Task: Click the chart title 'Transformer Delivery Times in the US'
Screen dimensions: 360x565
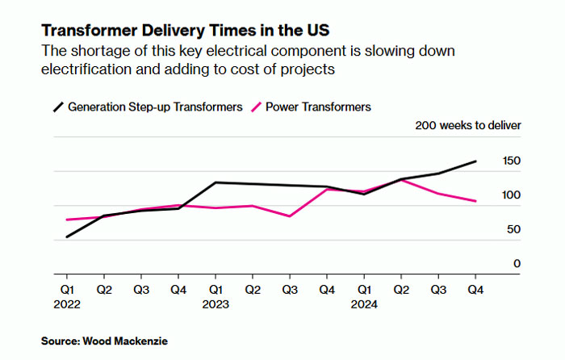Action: pyautogui.click(x=173, y=31)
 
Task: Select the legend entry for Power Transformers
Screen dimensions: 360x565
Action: pyautogui.click(x=311, y=107)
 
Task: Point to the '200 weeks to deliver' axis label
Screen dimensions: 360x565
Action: pyautogui.click(x=467, y=125)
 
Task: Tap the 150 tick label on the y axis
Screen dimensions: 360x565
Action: pyautogui.click(x=511, y=161)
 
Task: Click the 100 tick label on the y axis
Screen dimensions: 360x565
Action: pyautogui.click(x=511, y=195)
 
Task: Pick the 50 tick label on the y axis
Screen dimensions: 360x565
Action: pyautogui.click(x=513, y=230)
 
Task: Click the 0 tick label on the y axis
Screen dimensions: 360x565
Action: pyautogui.click(x=517, y=264)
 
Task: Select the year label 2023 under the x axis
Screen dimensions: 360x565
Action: pyautogui.click(x=216, y=304)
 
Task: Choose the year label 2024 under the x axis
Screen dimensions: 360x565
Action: pyautogui.click(x=364, y=304)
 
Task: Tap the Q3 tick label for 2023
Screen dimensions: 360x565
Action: pyautogui.click(x=290, y=289)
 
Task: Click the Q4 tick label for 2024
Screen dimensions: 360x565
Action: pyautogui.click(x=475, y=289)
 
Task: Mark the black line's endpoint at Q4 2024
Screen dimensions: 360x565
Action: pyautogui.click(x=475, y=161)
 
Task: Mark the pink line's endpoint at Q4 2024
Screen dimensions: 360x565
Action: pyautogui.click(x=475, y=201)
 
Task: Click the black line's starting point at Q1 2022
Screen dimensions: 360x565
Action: pyautogui.click(x=67, y=237)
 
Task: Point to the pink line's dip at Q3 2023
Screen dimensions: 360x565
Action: pyautogui.click(x=290, y=216)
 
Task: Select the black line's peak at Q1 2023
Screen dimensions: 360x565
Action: pyautogui.click(x=216, y=182)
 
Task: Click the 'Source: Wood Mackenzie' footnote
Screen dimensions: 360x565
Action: pyautogui.click(x=104, y=341)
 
